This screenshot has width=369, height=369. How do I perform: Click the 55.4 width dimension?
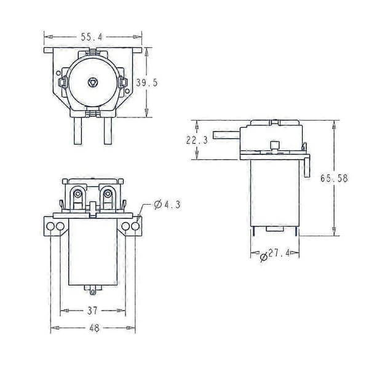(x=92, y=37)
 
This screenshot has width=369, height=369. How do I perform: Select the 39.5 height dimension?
(x=147, y=82)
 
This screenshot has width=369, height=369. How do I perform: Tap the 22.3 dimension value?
(x=197, y=140)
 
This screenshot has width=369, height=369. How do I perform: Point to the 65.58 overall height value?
(x=334, y=178)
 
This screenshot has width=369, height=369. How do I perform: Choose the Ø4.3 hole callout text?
(x=167, y=205)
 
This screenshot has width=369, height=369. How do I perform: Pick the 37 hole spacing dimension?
(x=92, y=311)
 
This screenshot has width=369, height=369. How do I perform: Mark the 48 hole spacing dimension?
(x=94, y=328)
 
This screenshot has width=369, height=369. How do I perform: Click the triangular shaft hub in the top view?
(x=92, y=82)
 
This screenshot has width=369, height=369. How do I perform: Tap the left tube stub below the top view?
(x=78, y=131)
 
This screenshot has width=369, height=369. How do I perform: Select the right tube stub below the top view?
(x=108, y=131)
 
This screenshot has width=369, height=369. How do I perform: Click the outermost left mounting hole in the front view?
(x=50, y=226)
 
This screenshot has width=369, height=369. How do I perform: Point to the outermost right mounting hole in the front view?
(x=135, y=226)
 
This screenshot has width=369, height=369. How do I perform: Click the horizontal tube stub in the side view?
(x=226, y=135)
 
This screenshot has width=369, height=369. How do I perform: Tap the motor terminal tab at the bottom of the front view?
(x=93, y=290)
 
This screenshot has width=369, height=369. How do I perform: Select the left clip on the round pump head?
(x=62, y=82)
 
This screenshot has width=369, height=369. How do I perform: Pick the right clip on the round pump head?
(x=123, y=82)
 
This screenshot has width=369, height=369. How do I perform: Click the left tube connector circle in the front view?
(x=77, y=194)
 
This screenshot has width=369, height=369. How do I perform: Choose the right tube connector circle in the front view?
(x=108, y=194)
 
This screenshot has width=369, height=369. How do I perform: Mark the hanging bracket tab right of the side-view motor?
(x=307, y=167)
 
